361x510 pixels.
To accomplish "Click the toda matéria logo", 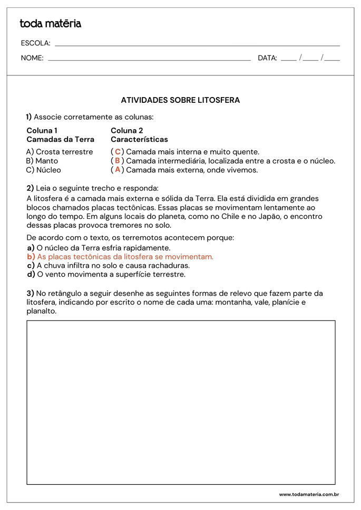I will (50, 23).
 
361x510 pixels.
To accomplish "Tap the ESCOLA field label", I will (35, 43).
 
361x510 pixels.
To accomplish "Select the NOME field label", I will (32, 58).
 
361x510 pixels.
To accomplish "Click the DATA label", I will (267, 58).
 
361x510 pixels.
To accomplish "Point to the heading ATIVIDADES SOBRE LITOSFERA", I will (180, 100).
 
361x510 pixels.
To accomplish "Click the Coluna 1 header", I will (42, 130).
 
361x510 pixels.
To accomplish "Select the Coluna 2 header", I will (126, 130).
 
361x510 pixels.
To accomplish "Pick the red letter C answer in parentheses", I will (118, 152).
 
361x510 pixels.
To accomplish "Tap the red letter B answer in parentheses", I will (118, 161).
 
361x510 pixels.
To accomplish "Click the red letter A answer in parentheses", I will (118, 170).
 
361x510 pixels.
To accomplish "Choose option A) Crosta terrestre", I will (59, 152).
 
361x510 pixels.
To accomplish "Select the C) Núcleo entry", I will (43, 170).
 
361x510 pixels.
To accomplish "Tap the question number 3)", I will (30, 293).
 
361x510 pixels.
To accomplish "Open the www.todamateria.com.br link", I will (308, 495).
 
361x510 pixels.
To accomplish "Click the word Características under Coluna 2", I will (139, 139).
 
